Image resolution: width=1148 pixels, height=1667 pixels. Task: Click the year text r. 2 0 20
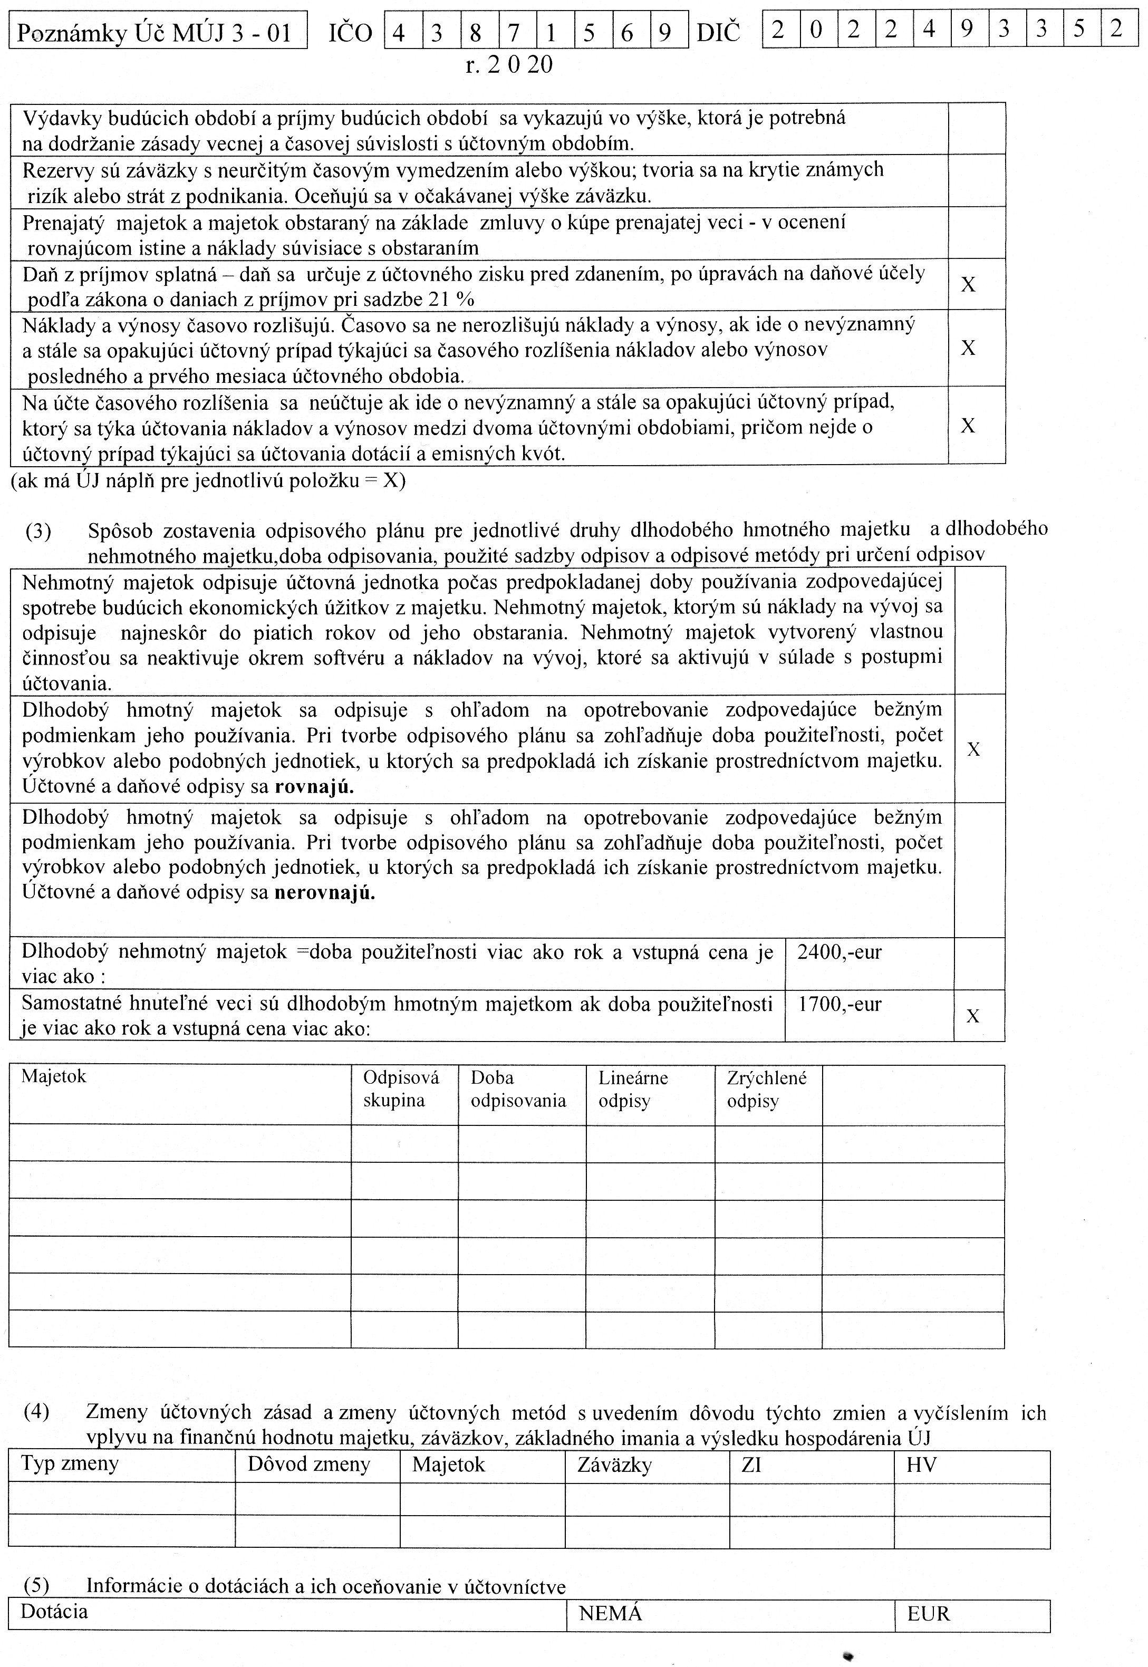pos(509,65)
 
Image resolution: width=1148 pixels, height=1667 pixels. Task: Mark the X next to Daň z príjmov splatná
pos(968,285)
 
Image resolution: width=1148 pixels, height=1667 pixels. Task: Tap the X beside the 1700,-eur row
pos(972,1016)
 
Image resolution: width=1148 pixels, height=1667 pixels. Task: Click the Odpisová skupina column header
pos(401,1089)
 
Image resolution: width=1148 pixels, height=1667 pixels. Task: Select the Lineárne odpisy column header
pos(633,1089)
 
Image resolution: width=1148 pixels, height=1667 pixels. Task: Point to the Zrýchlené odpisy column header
pos(767,1089)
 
